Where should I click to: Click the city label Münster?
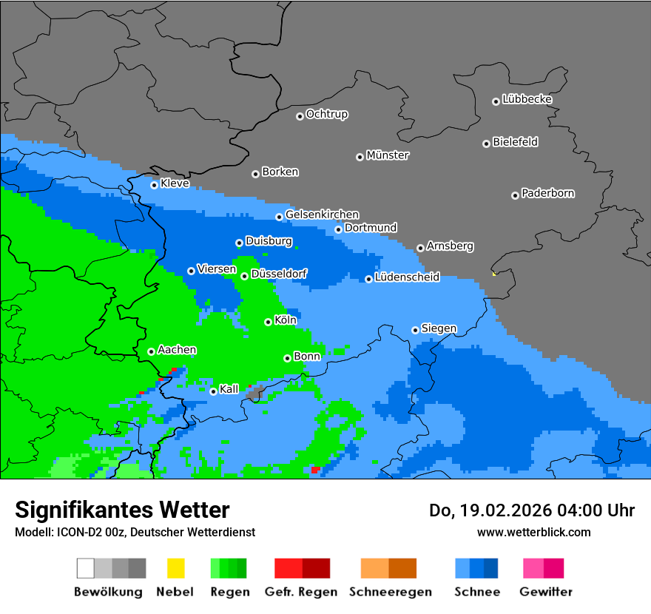(x=388, y=155)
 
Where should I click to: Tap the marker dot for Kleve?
(x=154, y=185)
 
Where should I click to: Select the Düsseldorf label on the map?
(x=279, y=274)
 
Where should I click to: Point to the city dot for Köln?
(x=268, y=322)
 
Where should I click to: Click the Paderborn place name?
(x=547, y=193)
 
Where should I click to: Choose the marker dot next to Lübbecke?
(x=496, y=101)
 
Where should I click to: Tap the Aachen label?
(x=177, y=350)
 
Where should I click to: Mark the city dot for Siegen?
(x=415, y=330)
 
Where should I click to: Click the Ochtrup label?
(x=326, y=114)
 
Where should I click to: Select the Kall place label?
(x=229, y=389)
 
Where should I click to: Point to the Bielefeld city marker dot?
(x=486, y=144)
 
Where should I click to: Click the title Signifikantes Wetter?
(x=122, y=510)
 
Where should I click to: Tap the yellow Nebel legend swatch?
(x=175, y=568)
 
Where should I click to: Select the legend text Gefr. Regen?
(x=301, y=592)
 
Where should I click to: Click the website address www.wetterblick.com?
(x=533, y=532)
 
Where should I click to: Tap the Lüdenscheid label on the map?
(x=407, y=277)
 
